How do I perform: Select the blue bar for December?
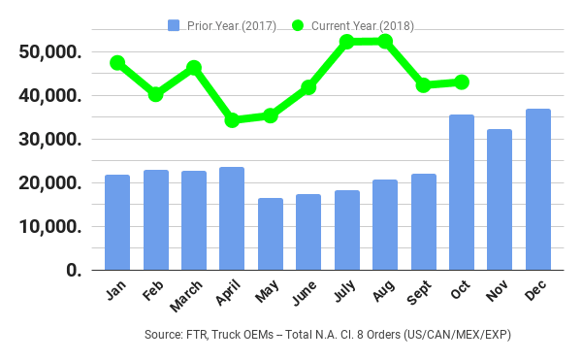[x=538, y=189]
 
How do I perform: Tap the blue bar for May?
[x=271, y=234]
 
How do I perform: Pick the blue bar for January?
[x=117, y=222]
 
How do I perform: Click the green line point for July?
[x=346, y=42]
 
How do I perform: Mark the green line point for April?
[x=232, y=120]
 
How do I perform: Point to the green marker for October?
[x=462, y=82]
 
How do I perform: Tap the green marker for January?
[x=117, y=63]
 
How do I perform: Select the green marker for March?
[x=194, y=68]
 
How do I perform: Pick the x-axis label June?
[x=307, y=294]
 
